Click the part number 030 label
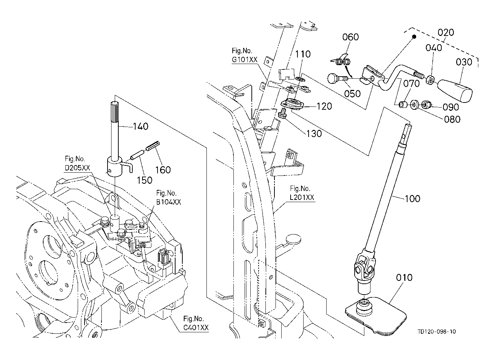[x=464, y=62]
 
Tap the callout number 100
[x=412, y=199]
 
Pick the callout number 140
[x=141, y=126]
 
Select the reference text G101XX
[x=245, y=60]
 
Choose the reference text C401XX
[x=196, y=328]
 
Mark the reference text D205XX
[x=77, y=168]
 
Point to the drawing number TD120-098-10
[x=437, y=332]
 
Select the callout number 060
[x=350, y=37]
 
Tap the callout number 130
[x=314, y=133]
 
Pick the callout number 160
[x=163, y=169]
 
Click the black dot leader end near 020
[x=414, y=37]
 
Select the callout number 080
[x=452, y=119]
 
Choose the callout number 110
[x=303, y=54]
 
